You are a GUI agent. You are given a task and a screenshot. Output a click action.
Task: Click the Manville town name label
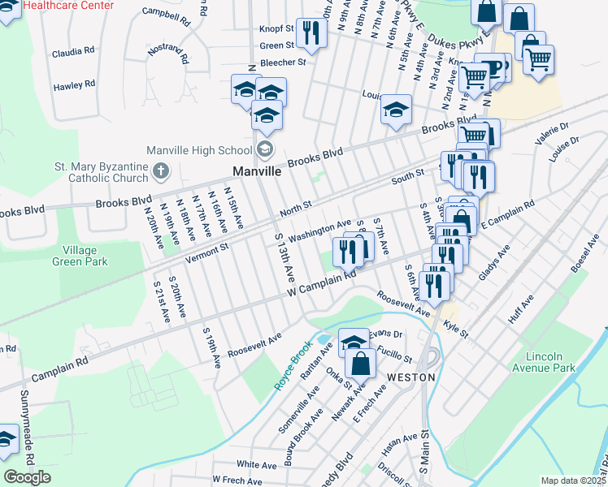click(x=257, y=172)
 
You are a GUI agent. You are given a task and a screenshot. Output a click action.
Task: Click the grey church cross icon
click(x=160, y=170)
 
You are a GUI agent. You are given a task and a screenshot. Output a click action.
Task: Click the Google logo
click(x=27, y=477)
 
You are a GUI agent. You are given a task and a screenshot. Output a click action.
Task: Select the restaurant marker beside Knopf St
click(x=311, y=32)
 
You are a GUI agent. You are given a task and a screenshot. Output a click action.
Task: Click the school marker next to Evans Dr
click(x=354, y=342)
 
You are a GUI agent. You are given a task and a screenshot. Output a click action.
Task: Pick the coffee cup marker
click(x=490, y=67)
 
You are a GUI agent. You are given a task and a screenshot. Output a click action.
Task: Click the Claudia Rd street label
click(x=73, y=52)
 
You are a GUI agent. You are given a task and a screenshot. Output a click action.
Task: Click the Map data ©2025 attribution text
click(x=573, y=481)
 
